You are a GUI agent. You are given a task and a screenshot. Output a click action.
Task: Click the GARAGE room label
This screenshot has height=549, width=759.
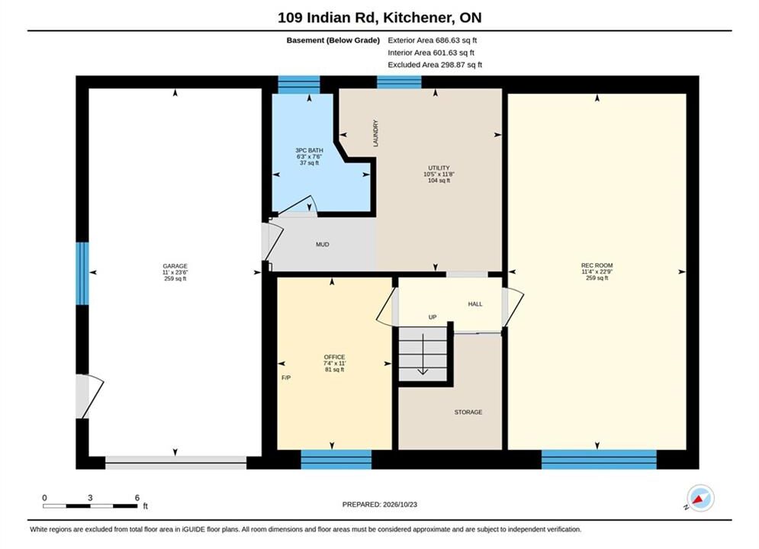[175, 266]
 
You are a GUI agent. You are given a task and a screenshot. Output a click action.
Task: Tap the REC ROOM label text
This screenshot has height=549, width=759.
[597, 265]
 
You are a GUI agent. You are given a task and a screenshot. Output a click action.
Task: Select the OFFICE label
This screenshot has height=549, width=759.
[334, 357]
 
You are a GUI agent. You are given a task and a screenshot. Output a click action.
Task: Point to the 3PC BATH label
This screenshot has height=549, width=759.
[309, 150]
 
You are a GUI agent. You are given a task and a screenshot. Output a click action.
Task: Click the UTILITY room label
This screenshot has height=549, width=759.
[439, 168]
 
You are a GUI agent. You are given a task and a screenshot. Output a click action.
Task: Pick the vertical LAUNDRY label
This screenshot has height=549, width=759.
[375, 133]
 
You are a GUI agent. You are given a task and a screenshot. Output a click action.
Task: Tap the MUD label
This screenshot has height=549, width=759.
[323, 245]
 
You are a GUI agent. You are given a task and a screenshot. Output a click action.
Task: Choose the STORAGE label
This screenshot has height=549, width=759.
[468, 412]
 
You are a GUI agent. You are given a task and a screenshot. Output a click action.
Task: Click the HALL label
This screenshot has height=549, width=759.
[475, 304]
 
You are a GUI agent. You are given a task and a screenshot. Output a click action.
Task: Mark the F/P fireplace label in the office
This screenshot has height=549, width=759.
[286, 377]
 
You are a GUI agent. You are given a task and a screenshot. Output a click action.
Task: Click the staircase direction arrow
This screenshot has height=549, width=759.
[423, 354]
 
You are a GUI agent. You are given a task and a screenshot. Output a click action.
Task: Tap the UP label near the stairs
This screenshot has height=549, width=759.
[433, 317]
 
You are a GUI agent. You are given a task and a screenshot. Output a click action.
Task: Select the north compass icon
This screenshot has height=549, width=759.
[700, 498]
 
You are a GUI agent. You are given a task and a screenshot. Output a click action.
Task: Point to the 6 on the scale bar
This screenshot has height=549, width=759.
[137, 498]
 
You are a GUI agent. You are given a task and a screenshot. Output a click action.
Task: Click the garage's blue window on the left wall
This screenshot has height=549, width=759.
[82, 273]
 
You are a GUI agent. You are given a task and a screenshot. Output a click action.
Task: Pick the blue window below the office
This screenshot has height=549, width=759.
[336, 460]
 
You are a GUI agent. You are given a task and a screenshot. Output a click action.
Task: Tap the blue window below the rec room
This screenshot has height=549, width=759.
[599, 460]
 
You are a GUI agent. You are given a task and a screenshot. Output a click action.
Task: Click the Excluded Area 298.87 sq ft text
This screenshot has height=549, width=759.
[435, 65]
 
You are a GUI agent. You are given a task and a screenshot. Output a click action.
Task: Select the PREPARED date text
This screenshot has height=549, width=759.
[380, 505]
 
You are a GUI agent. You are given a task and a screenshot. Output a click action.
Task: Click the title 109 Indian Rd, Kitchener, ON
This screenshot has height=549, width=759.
[380, 18]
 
